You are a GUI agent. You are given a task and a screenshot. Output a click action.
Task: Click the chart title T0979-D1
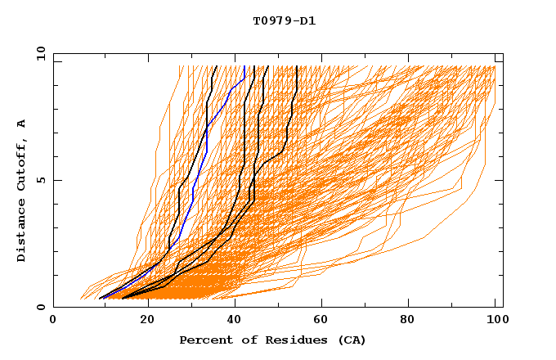(284, 20)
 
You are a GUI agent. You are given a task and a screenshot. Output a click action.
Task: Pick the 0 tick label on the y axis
(40, 308)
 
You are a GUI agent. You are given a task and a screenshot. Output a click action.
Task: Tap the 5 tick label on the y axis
(40, 180)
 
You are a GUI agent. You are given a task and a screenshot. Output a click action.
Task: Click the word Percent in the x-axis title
(204, 340)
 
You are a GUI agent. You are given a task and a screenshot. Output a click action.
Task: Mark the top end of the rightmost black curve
(297, 66)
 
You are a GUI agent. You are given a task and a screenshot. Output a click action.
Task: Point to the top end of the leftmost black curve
(215, 66)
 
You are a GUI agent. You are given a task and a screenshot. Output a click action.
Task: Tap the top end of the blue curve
(244, 66)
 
